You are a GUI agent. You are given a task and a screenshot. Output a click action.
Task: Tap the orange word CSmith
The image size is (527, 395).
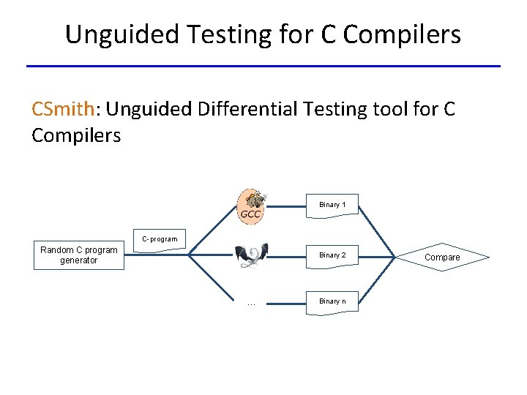pyautogui.click(x=63, y=109)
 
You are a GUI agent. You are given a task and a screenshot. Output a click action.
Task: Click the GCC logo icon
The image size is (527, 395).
pyautogui.click(x=252, y=205)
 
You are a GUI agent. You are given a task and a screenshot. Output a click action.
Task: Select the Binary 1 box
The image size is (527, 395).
pyautogui.click(x=332, y=205)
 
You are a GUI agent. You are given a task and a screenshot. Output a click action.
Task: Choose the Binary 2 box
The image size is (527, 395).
pyautogui.click(x=332, y=255)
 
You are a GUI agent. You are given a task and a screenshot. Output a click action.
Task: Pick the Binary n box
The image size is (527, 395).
pyautogui.click(x=332, y=301)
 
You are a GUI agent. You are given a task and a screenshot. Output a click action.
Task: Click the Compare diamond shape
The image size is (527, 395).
pyautogui.click(x=442, y=257)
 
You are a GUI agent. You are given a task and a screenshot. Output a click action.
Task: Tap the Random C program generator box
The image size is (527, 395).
pyautogui.click(x=78, y=255)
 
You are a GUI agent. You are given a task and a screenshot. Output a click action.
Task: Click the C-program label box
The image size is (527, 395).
pyautogui.click(x=159, y=240)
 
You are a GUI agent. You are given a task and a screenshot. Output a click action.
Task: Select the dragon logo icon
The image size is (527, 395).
pyautogui.click(x=251, y=255)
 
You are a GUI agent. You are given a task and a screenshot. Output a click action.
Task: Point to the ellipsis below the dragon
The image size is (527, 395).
pyautogui.click(x=251, y=303)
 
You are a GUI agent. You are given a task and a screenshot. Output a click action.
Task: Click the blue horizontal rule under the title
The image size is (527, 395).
pyautogui.click(x=263, y=67)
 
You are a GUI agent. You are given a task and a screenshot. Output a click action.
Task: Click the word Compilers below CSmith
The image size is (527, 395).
pyautogui.click(x=76, y=135)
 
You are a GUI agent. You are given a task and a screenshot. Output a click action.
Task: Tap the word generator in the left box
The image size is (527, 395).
pyautogui.click(x=78, y=260)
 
